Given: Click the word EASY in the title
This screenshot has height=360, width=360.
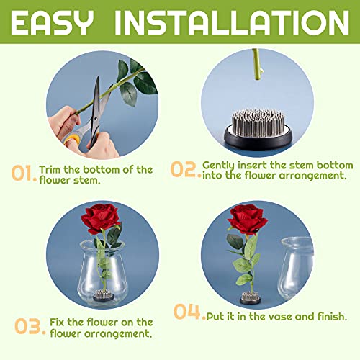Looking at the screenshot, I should pos(57,22).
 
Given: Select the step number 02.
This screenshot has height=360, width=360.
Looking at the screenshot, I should pos(185,169).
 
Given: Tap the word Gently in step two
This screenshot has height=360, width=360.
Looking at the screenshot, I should pos(220,164).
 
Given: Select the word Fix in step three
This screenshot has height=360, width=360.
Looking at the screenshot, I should pos(58,322).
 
